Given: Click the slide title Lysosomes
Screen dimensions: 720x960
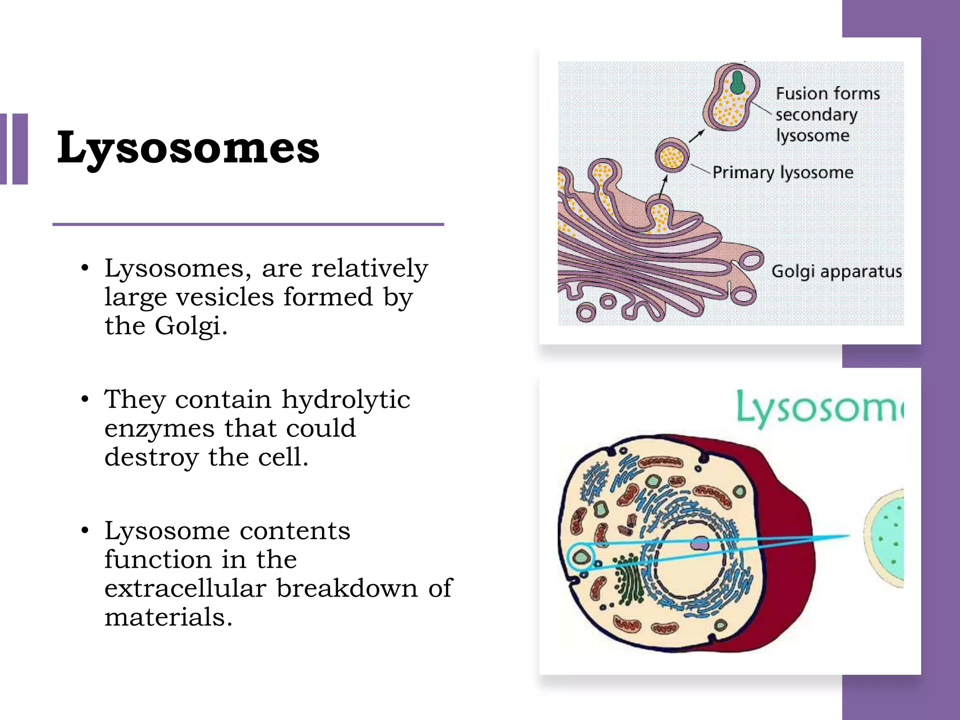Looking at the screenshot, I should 188,148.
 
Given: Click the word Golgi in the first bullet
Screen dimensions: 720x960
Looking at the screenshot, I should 187,325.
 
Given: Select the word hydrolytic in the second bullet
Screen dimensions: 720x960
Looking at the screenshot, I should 346,399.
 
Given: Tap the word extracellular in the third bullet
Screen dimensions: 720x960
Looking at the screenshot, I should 185,588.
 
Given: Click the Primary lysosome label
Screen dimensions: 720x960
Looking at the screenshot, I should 782,172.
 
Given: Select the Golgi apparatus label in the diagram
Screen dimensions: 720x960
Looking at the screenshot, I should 836,271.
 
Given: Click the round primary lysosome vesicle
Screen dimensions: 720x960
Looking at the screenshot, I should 672,155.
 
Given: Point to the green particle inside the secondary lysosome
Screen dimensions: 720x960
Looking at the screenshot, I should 738,82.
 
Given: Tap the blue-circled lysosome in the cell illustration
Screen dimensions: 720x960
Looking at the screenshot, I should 582,557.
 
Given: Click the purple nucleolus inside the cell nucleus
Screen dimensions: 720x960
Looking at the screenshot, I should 700,544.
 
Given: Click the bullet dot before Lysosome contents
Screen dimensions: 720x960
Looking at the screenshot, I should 85,531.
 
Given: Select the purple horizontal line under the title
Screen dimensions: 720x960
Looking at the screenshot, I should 248,225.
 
